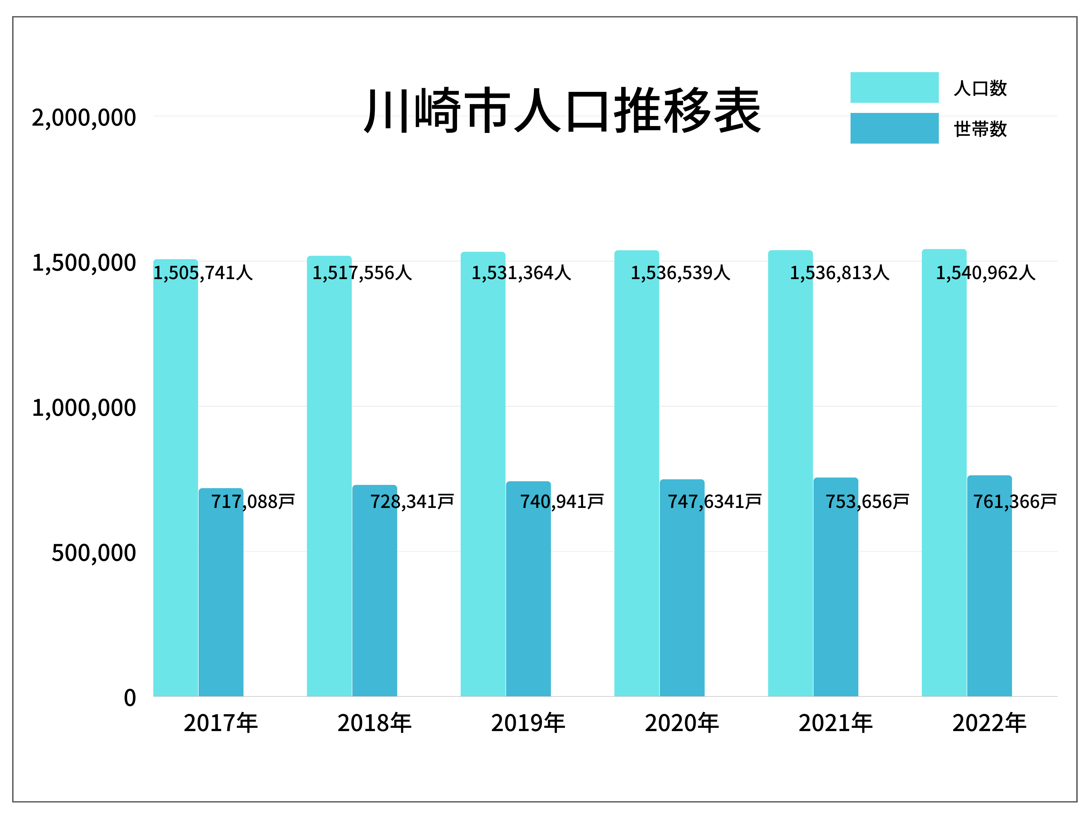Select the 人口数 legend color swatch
[x=894, y=88]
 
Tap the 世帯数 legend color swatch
[x=894, y=129]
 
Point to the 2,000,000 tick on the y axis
[x=84, y=118]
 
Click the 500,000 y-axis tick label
[x=93, y=553]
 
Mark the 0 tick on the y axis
[x=129, y=698]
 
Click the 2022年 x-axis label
[x=989, y=724]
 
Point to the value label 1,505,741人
[x=203, y=273]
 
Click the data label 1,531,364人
[x=521, y=273]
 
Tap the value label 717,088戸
[x=253, y=502]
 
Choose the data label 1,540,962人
[x=986, y=273]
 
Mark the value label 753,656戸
[x=867, y=502]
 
